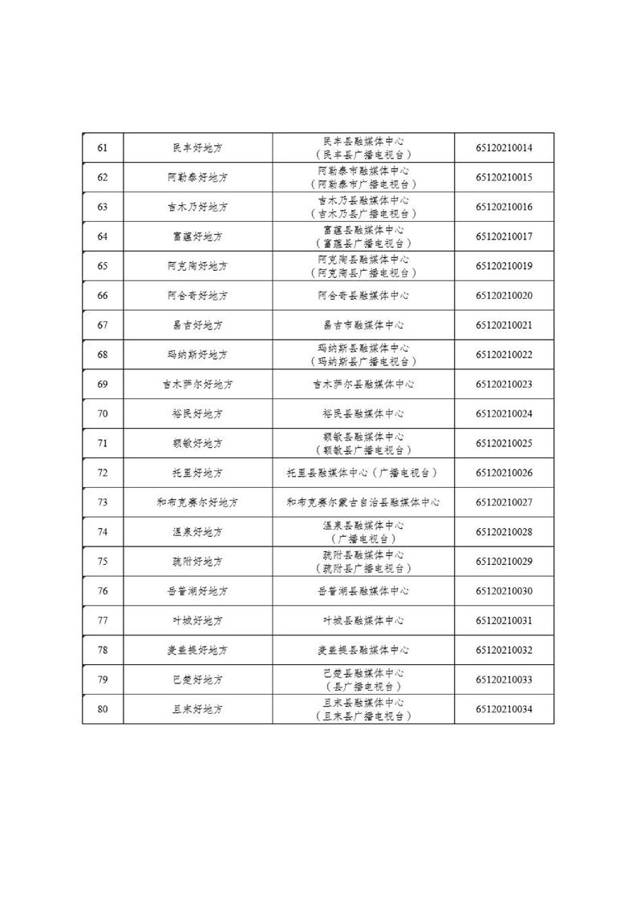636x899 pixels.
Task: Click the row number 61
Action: click(103, 148)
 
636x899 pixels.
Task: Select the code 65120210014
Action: click(504, 148)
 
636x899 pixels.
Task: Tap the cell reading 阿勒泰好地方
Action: click(197, 178)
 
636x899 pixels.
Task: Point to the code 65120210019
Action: click(504, 266)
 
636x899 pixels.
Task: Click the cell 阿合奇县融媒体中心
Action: click(363, 296)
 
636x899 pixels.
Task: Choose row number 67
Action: click(103, 325)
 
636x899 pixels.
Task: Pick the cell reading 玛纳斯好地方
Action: click(197, 355)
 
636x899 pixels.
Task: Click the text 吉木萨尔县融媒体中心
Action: click(363, 385)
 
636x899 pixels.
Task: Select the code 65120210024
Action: click(504, 414)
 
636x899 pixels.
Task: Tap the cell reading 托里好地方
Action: click(197, 474)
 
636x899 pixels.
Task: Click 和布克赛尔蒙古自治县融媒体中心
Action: click(363, 503)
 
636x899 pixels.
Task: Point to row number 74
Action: click(103, 532)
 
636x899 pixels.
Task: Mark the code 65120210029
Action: click(504, 562)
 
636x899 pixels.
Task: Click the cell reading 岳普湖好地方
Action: click(197, 591)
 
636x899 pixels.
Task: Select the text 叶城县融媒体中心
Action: click(363, 621)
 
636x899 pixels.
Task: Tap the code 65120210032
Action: click(504, 651)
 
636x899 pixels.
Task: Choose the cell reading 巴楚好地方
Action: click(197, 680)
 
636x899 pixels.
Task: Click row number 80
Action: click(103, 709)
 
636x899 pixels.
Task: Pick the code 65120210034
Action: click(504, 709)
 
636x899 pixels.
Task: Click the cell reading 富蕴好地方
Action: click(197, 237)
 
